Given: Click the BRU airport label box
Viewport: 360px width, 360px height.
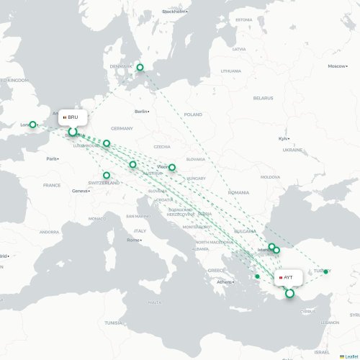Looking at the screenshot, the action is [x=73, y=117].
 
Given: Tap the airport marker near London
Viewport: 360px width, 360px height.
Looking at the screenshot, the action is [x=32, y=125].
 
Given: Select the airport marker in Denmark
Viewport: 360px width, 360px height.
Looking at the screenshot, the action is [x=140, y=68].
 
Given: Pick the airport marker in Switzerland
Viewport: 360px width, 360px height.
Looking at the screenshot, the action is [x=107, y=175].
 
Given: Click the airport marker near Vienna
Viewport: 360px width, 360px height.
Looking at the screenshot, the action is [x=172, y=167].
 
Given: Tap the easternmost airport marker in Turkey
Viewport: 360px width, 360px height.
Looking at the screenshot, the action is [x=326, y=271].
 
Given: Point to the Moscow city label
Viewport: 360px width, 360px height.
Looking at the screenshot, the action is [x=336, y=66].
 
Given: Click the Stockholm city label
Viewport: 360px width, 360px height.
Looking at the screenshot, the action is [x=174, y=12].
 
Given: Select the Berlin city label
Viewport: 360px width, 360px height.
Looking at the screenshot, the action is [x=141, y=111].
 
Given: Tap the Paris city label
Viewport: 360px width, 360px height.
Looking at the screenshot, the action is [x=52, y=158].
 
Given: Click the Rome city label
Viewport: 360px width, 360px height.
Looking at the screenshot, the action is [x=134, y=240].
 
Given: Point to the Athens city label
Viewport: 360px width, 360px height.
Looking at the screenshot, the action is [x=225, y=282].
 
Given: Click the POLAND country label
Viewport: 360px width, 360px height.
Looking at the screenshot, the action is [x=193, y=114].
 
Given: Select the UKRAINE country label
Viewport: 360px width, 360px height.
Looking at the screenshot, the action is [x=292, y=150].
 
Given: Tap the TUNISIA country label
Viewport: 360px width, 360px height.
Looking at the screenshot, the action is [x=113, y=323].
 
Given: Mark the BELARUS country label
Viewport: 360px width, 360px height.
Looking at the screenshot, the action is [x=264, y=97].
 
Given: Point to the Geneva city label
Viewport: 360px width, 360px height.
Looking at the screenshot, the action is [x=81, y=190].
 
